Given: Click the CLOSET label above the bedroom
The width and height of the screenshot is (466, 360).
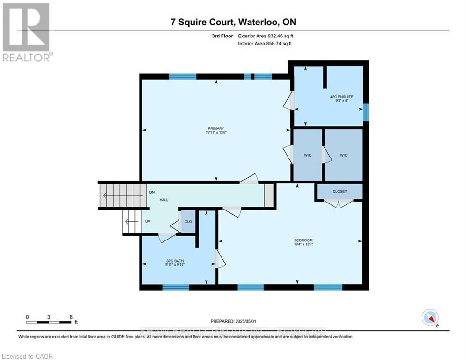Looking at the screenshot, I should pyautogui.click(x=340, y=191).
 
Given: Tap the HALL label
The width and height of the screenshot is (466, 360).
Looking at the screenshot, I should pyautogui.click(x=163, y=200).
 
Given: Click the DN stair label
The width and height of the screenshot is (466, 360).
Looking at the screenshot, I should pyautogui.click(x=152, y=192).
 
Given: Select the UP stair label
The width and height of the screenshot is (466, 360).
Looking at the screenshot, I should pyautogui.click(x=148, y=221).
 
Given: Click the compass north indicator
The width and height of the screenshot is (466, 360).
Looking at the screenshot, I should pyautogui.click(x=429, y=318).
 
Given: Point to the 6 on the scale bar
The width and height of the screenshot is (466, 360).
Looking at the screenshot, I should pyautogui.click(x=71, y=317).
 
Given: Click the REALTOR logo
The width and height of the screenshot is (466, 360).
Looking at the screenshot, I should pyautogui.click(x=26, y=32).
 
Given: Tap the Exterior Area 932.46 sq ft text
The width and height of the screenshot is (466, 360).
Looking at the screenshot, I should pyautogui.click(x=266, y=36).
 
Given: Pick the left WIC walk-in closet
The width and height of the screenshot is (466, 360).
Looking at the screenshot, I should pyautogui.click(x=307, y=155).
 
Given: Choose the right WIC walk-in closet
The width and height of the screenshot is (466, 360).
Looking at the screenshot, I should pyautogui.click(x=343, y=155).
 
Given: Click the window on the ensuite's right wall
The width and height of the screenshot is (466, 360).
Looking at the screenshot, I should pyautogui.click(x=366, y=112).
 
